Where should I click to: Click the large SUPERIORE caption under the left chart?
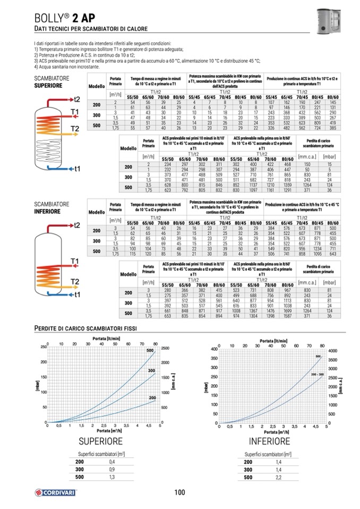point(100,441)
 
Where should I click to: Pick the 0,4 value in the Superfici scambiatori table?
point(112,462)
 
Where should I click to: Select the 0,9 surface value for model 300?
point(112,470)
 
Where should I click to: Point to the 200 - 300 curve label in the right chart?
point(318,375)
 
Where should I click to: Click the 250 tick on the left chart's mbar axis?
point(43,347)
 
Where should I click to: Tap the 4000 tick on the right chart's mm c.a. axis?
point(334,351)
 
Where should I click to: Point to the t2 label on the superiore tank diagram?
point(77,99)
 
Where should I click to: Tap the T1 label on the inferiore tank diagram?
point(74,261)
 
